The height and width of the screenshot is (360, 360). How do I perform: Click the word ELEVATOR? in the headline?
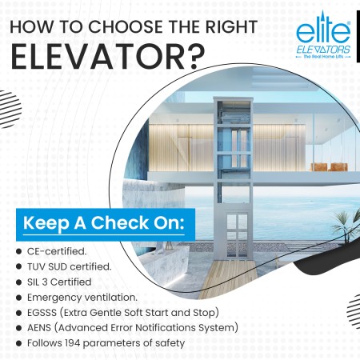tap(107, 58)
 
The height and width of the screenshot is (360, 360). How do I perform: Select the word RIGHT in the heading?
tap(230, 26)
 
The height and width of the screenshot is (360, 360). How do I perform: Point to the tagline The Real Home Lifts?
tap(323, 57)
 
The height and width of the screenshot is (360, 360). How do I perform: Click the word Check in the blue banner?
tap(119, 222)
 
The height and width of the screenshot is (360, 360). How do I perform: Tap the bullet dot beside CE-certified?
tap(18, 251)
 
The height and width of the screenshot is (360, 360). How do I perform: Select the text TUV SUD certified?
tap(69, 266)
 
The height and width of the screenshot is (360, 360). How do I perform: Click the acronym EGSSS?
tap(42, 313)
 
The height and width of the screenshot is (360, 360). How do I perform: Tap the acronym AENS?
tap(39, 328)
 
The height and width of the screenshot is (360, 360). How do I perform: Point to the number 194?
tap(73, 343)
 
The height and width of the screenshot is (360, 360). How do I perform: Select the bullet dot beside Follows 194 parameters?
tap(18, 343)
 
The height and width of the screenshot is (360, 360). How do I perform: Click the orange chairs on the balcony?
tap(330, 167)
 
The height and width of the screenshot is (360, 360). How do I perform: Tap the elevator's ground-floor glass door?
tap(237, 234)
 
